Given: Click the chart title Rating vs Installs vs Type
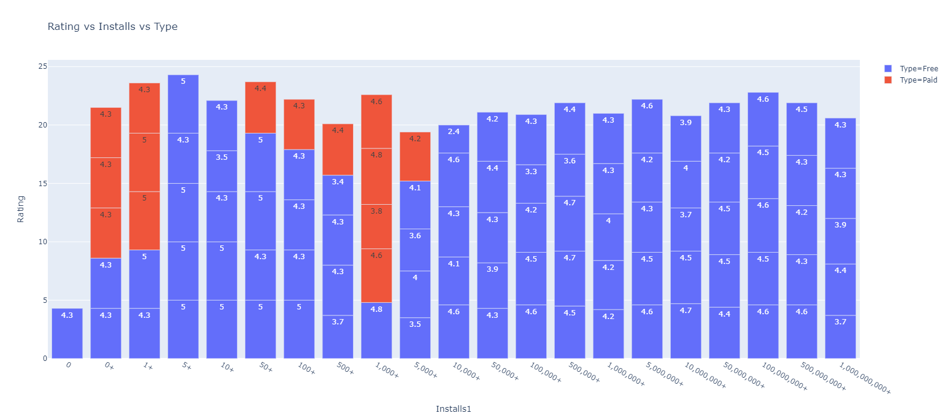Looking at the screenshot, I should click(112, 26).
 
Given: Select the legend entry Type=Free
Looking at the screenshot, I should click(918, 69).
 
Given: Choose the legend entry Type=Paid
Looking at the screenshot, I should click(918, 80).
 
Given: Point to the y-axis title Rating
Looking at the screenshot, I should click(21, 209).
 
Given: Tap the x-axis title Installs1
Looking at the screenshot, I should click(453, 409).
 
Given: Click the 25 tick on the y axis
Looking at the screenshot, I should click(42, 66).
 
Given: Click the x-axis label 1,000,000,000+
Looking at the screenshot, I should click(864, 378).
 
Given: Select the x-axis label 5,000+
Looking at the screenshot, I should click(425, 370).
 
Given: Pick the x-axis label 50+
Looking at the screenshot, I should click(266, 367).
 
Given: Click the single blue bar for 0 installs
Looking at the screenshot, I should click(67, 333).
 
